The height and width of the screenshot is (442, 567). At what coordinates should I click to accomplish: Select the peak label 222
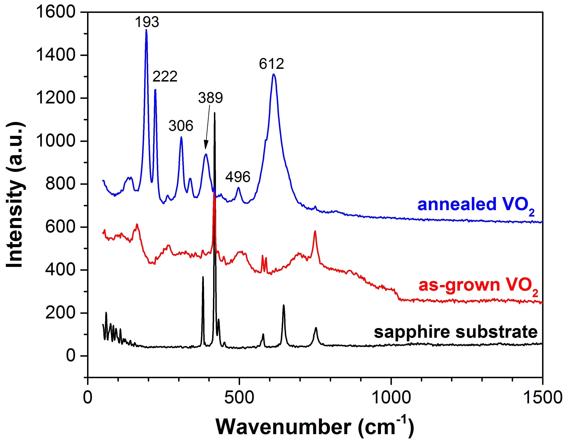[x=165, y=76]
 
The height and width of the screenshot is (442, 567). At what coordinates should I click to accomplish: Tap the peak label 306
[x=181, y=126]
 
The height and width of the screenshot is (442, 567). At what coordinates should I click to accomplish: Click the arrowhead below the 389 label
[x=206, y=146]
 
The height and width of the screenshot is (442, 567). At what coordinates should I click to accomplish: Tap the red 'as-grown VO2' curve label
[x=478, y=286]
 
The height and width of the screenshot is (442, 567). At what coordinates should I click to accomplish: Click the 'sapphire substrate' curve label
[x=456, y=332]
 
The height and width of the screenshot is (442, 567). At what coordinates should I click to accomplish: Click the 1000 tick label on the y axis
[x=55, y=141]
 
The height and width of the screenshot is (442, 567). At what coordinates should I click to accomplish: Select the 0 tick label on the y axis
[x=71, y=355]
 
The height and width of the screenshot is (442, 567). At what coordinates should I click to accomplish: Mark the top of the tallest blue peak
[x=146, y=30]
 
